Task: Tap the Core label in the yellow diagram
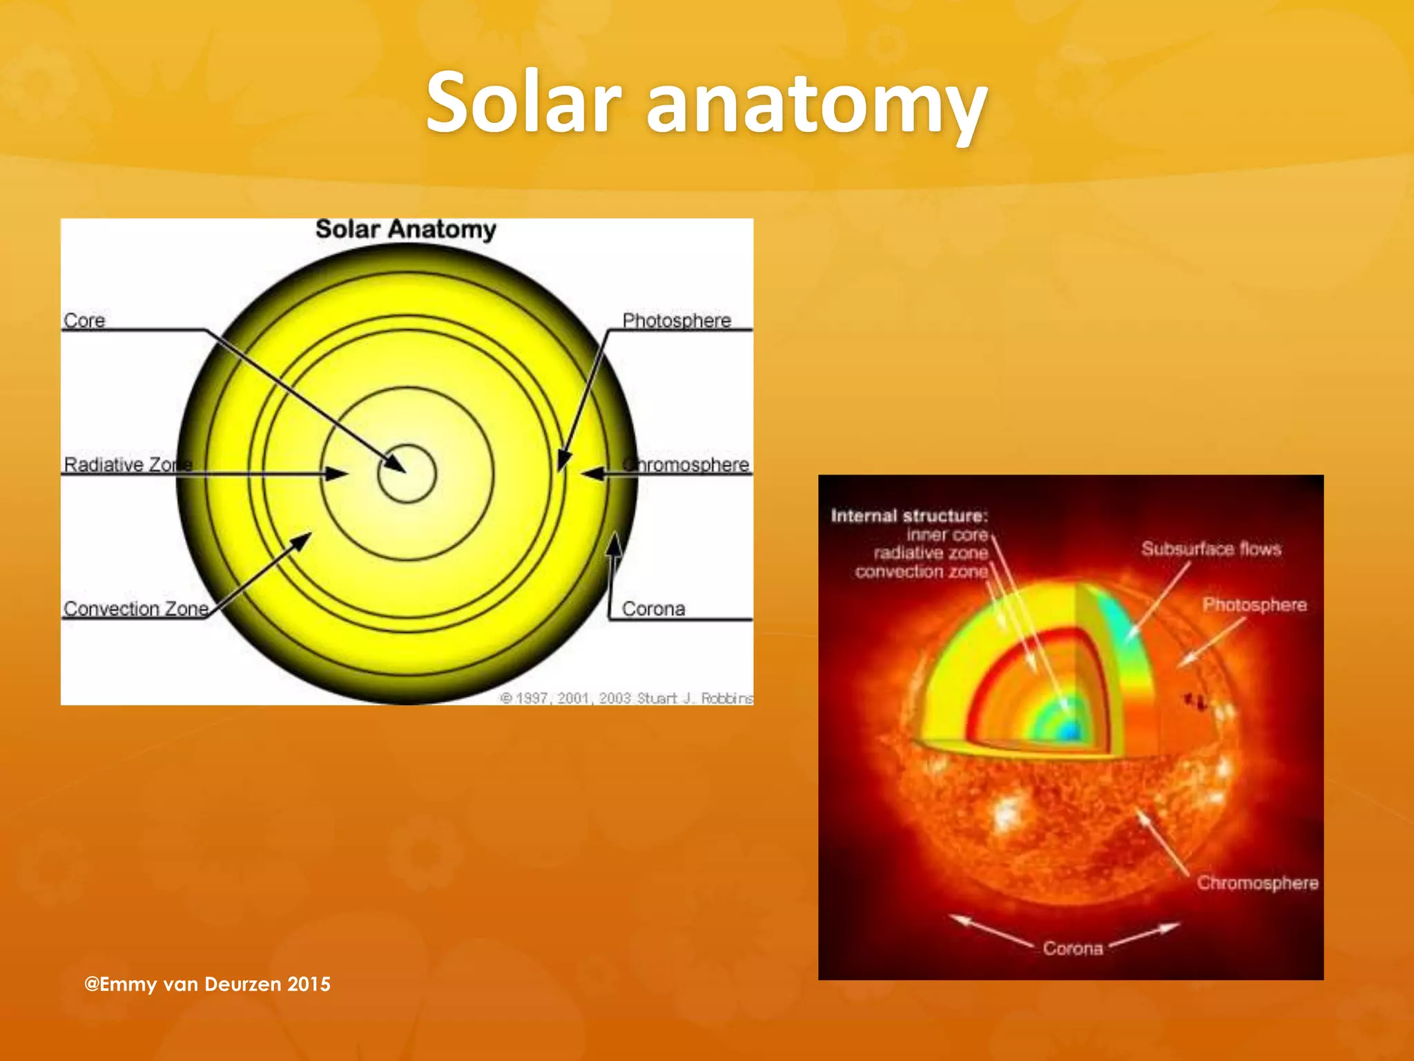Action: click(x=84, y=321)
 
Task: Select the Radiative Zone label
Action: click(x=128, y=464)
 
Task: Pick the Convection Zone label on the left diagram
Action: click(x=136, y=609)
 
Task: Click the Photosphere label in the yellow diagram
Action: click(x=677, y=321)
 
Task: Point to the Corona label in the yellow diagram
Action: click(x=653, y=609)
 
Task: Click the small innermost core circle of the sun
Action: click(x=407, y=474)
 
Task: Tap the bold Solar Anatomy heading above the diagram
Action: click(x=406, y=229)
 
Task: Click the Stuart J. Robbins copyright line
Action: click(x=627, y=698)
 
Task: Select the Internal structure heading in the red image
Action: click(x=909, y=516)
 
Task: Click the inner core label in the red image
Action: click(x=947, y=535)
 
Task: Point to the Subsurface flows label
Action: click(x=1211, y=549)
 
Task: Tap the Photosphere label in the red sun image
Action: click(x=1255, y=605)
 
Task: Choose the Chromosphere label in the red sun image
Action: click(x=1257, y=883)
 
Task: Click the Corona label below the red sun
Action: click(x=1073, y=948)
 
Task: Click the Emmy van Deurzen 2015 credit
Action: click(x=207, y=984)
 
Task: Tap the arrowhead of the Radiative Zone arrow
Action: click(x=338, y=474)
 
